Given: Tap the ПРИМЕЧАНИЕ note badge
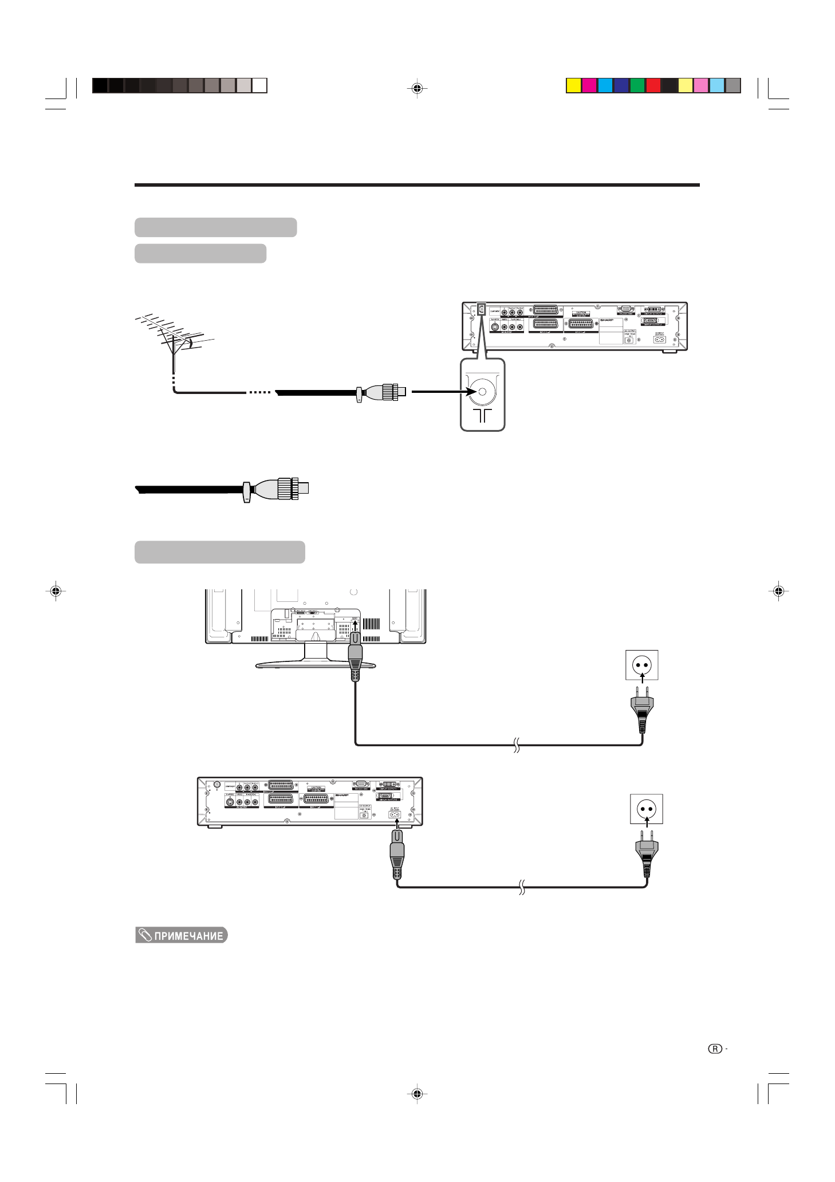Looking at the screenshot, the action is pyautogui.click(x=182, y=935).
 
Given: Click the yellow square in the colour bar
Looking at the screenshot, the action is pyautogui.click(x=573, y=85).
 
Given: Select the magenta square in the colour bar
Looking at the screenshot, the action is pyautogui.click(x=589, y=85).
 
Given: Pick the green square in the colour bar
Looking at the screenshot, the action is pyautogui.click(x=637, y=85).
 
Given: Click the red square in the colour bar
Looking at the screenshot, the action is pyautogui.click(x=653, y=85).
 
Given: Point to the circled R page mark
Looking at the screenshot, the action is pyautogui.click(x=715, y=1049).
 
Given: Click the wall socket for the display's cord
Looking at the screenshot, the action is pyautogui.click(x=642, y=665).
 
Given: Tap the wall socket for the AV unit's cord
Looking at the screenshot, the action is pyautogui.click(x=647, y=809).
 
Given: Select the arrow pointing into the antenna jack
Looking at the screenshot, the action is pyautogui.click(x=444, y=392).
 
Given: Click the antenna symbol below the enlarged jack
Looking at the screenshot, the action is pyautogui.click(x=482, y=415).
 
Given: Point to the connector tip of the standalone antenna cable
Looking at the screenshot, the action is pyautogui.click(x=303, y=488).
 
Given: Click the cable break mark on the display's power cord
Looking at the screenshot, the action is pyautogui.click(x=516, y=745).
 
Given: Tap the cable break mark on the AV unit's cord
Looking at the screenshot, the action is pyautogui.click(x=522, y=887).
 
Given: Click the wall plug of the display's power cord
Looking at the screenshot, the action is pyautogui.click(x=642, y=710).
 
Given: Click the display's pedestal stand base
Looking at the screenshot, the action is pyautogui.click(x=316, y=665).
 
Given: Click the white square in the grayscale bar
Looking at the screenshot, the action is pyautogui.click(x=259, y=85).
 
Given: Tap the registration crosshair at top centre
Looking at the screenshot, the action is pyautogui.click(x=418, y=88).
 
